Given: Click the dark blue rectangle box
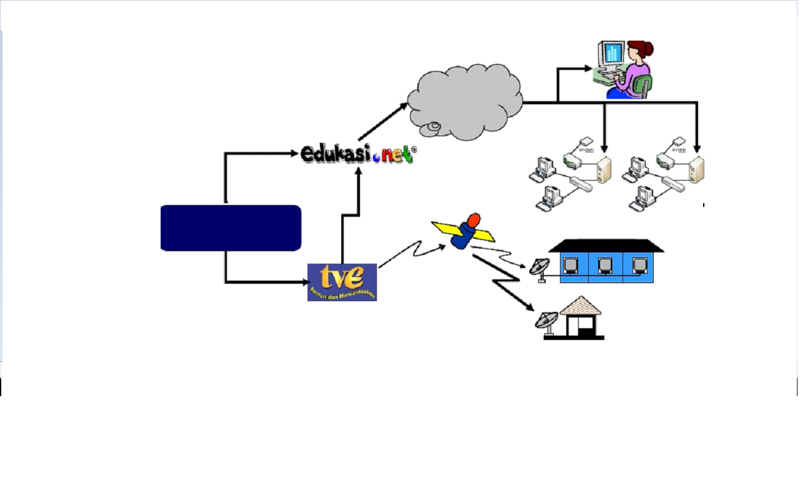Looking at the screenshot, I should coord(231,228).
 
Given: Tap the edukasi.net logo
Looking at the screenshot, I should coord(356,154).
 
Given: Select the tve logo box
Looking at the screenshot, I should coord(342,282).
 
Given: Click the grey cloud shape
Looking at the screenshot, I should coord(465,102).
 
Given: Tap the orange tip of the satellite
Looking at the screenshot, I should coord(474,219).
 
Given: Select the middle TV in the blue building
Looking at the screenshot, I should coord(604,265).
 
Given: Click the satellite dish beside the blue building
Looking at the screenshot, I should coord(538,269).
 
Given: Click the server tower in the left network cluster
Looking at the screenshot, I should coord(604,169).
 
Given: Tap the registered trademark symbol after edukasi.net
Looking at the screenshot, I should coord(414,150).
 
